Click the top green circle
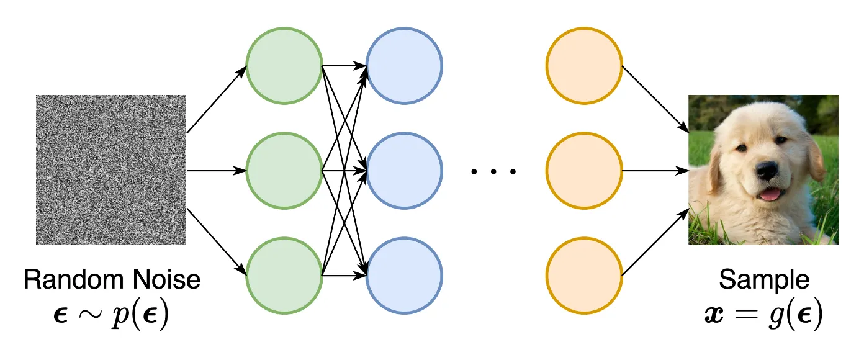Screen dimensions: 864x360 [x=284, y=66]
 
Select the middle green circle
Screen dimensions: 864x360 [x=284, y=171]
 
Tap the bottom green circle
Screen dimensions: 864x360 [x=284, y=276]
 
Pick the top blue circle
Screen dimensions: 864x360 [x=404, y=66]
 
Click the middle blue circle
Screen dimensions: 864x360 [x=404, y=171]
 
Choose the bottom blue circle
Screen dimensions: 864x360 [x=404, y=276]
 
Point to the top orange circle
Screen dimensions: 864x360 [x=584, y=66]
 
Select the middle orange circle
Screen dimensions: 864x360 [x=584, y=171]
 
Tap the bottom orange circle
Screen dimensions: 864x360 [x=584, y=276]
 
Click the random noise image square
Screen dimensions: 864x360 [x=111, y=170]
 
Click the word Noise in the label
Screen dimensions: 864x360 [x=166, y=279]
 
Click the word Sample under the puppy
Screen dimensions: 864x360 [x=764, y=279]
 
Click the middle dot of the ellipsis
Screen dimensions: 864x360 [x=493, y=171]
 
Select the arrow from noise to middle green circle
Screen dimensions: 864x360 [x=217, y=171]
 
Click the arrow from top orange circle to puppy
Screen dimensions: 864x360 [x=655, y=99]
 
